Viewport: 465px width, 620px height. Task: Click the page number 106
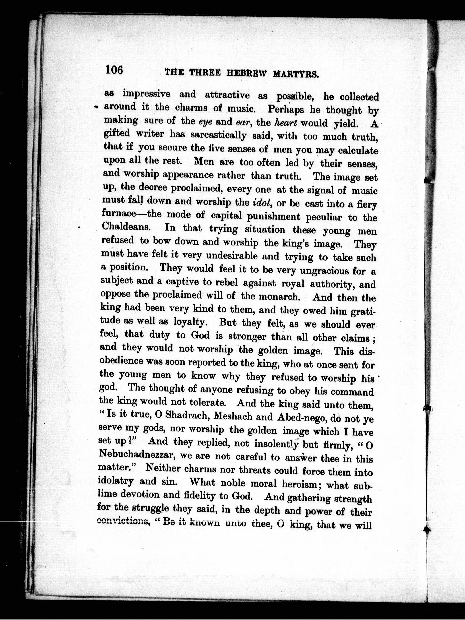[114, 69]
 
